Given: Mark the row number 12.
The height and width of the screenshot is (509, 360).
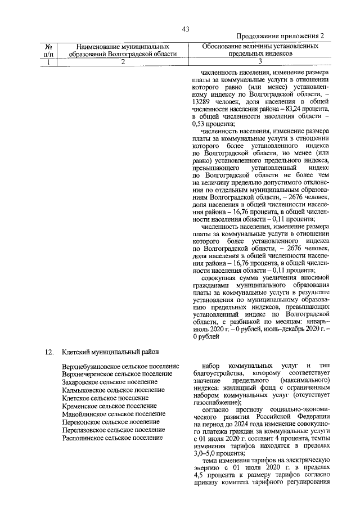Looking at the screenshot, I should [x=49, y=352].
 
